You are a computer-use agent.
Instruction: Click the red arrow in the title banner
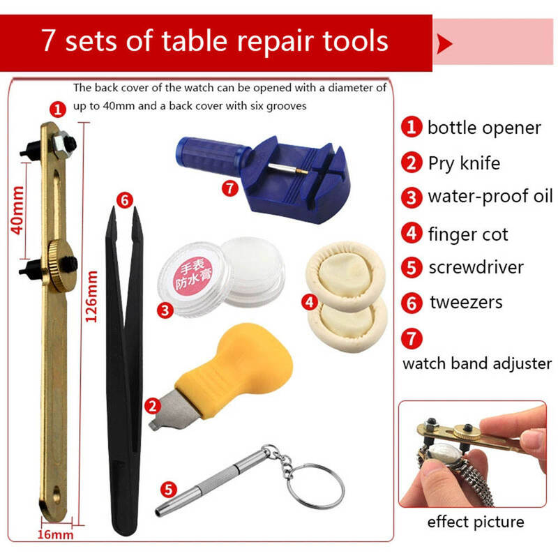point(444,45)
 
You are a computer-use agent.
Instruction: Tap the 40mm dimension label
point(17,211)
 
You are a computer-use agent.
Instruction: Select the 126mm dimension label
point(91,296)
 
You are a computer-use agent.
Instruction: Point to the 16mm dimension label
point(55,534)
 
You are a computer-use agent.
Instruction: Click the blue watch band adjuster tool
point(271,178)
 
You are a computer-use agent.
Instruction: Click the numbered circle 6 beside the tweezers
point(125,201)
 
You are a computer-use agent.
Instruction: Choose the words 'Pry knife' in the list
point(464,163)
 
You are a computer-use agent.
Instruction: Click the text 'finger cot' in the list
point(468,234)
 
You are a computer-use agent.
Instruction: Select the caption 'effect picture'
point(476,522)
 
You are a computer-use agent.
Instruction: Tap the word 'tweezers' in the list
point(466,302)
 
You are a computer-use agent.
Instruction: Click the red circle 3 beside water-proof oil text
point(412,197)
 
